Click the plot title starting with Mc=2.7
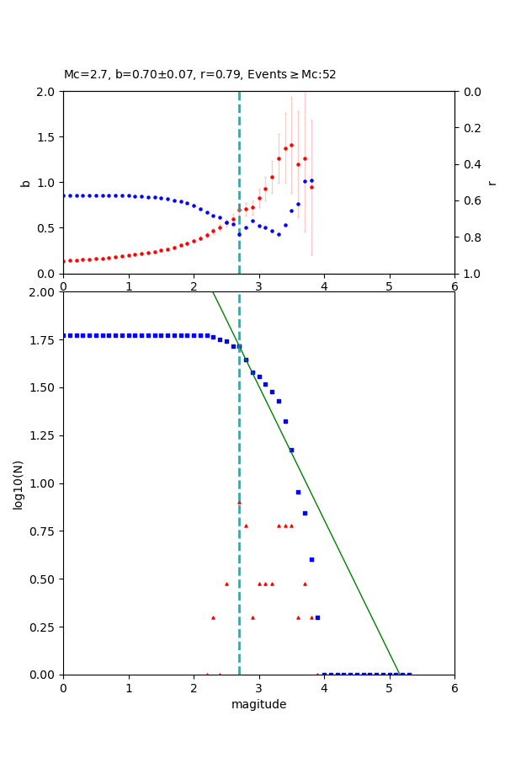pyautogui.click(x=199, y=74)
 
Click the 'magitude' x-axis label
pyautogui.click(x=258, y=704)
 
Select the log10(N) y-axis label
pyautogui.click(x=18, y=483)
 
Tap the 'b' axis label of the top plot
pyautogui.click(x=25, y=182)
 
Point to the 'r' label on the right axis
pyautogui.click(x=492, y=182)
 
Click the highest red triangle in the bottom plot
pyautogui.click(x=239, y=502)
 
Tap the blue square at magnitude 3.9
pyautogui.click(x=317, y=617)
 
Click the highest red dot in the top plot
pyautogui.click(x=291, y=145)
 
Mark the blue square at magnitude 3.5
pyautogui.click(x=291, y=450)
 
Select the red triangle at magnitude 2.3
pyautogui.click(x=213, y=617)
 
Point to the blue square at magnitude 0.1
pyautogui.click(x=70, y=335)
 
